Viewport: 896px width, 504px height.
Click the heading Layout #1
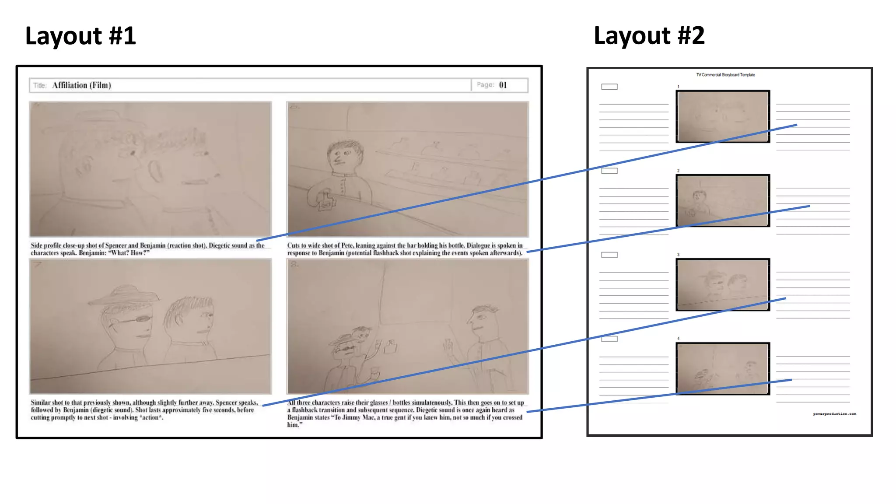pos(80,36)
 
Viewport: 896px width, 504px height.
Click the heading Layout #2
pos(649,36)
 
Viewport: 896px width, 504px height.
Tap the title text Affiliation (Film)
pos(81,85)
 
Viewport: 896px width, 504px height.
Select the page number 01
pos(503,85)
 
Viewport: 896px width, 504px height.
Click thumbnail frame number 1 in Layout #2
pos(723,116)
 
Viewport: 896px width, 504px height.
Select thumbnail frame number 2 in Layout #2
pos(723,200)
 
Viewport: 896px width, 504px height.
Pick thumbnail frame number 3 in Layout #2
pos(723,284)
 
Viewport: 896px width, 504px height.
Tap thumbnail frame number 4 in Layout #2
pos(723,368)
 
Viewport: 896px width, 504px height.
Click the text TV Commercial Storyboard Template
pos(725,75)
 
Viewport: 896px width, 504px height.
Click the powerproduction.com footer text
pos(834,414)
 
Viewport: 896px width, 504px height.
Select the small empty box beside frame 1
pos(609,87)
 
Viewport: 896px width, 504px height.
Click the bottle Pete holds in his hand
pos(326,202)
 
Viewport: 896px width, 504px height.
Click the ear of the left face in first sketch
pos(85,166)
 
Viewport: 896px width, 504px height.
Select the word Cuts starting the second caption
pos(293,245)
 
